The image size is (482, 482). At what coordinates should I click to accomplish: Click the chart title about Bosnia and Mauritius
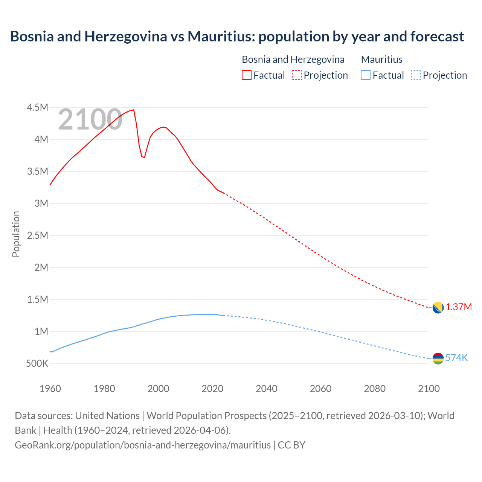(x=237, y=37)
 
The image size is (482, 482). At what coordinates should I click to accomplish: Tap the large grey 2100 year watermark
(x=90, y=119)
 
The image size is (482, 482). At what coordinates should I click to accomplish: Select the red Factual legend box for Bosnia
(x=246, y=75)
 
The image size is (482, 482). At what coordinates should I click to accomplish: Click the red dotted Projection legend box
(x=297, y=75)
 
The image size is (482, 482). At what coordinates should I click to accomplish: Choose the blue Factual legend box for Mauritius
(x=365, y=75)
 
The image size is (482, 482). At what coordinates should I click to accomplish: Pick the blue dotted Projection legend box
(x=416, y=75)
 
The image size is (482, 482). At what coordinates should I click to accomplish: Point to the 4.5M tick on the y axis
(x=37, y=107)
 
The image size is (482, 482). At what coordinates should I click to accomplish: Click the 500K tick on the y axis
(x=37, y=364)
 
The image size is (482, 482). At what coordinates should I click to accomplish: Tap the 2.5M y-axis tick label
(x=37, y=235)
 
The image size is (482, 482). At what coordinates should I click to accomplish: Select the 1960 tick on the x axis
(x=50, y=389)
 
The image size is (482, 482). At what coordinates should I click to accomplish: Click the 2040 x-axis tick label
(x=267, y=389)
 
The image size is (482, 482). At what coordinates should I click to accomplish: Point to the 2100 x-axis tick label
(x=429, y=389)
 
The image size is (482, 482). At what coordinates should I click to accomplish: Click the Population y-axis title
(x=16, y=234)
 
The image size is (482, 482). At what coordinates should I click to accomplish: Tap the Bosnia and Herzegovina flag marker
(x=438, y=308)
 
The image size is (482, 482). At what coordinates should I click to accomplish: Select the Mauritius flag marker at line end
(x=438, y=358)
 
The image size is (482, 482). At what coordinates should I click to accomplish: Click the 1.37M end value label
(x=459, y=307)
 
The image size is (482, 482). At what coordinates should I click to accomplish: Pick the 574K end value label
(x=456, y=358)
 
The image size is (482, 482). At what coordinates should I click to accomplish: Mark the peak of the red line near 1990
(x=134, y=110)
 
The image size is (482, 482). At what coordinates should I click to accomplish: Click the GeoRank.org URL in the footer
(x=143, y=445)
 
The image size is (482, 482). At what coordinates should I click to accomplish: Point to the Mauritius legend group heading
(x=381, y=59)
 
